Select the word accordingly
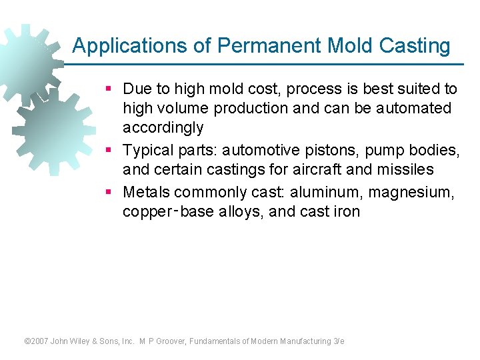(x=163, y=127)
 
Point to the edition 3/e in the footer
(x=338, y=341)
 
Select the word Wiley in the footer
(x=87, y=341)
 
